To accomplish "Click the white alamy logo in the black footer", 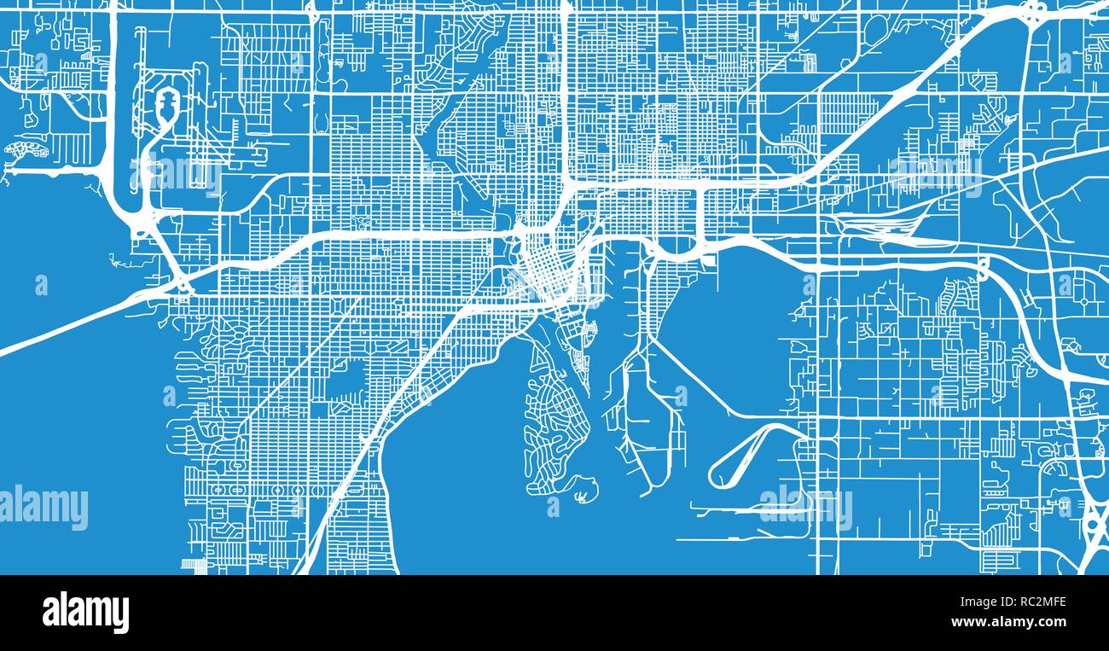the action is (85, 613).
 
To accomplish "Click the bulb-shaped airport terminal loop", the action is (165, 107).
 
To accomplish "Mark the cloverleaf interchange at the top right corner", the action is (1033, 13).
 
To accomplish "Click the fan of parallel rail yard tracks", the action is (879, 225).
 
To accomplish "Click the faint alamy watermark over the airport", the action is (175, 176).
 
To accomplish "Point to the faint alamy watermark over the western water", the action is (44, 507).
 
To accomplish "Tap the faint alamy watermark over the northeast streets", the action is (934, 174).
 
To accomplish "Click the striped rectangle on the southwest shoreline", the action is (194, 565).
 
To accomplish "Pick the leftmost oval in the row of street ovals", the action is (218, 491).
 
